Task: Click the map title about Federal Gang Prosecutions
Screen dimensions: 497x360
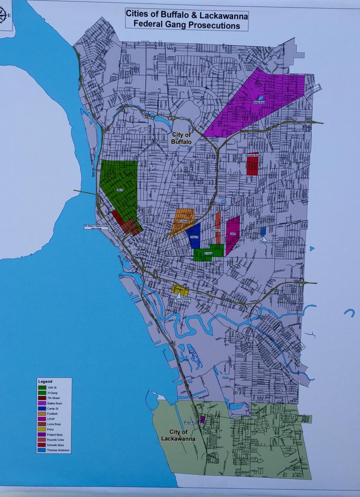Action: (x=187, y=19)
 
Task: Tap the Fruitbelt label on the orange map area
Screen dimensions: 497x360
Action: (x=184, y=221)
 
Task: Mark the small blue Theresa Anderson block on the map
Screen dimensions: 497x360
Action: (x=263, y=231)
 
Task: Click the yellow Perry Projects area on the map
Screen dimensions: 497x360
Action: (x=180, y=290)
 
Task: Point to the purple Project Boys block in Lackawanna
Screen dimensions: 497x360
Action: (x=202, y=420)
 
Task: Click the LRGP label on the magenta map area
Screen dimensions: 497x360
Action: (x=233, y=234)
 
